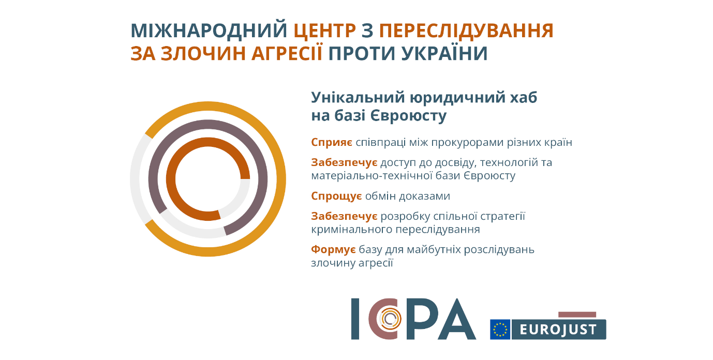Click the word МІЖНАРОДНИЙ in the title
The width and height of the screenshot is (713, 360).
click(x=209, y=31)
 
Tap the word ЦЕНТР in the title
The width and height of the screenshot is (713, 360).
click(x=324, y=31)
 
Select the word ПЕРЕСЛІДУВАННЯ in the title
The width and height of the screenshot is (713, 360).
click(x=466, y=31)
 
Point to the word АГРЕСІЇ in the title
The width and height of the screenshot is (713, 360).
click(x=287, y=53)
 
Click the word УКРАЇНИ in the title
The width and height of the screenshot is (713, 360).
click(x=444, y=53)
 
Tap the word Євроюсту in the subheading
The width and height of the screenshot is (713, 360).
click(x=409, y=116)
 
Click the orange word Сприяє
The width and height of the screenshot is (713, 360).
click(x=332, y=143)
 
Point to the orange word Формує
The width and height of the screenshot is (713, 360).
click(x=333, y=249)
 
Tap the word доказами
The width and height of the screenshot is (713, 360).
click(x=425, y=196)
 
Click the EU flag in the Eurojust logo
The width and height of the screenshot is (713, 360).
click(x=500, y=329)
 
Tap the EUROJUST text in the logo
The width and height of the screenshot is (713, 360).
click(x=558, y=330)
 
